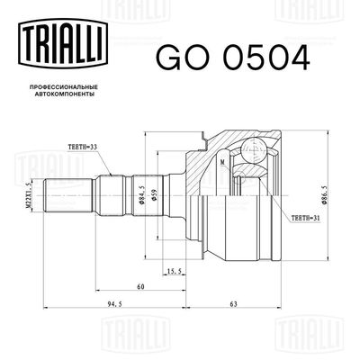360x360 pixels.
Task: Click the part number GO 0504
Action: (x=233, y=56)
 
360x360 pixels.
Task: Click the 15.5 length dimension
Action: (x=175, y=269)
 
